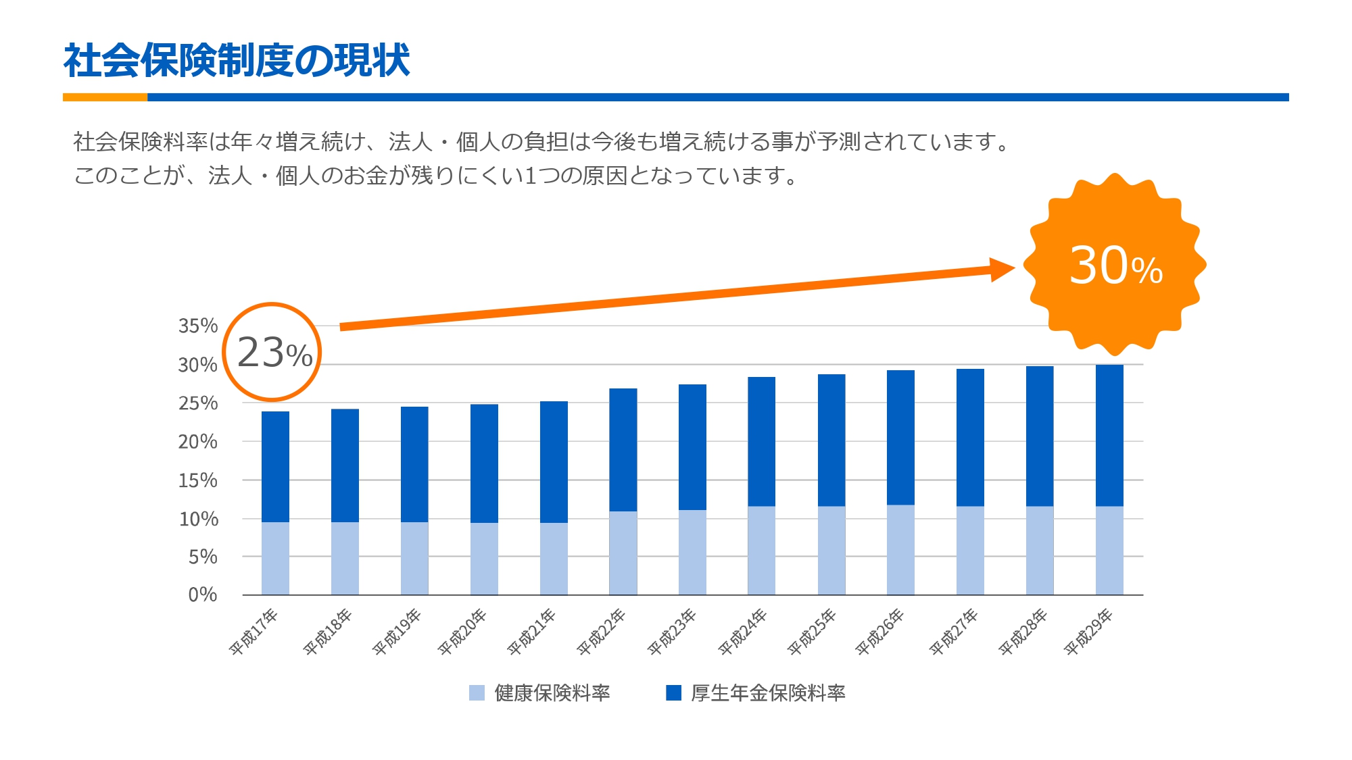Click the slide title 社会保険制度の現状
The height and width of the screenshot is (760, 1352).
pos(237,61)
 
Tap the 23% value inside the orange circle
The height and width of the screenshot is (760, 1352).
pos(274,353)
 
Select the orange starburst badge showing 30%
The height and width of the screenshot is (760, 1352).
pos(1115,265)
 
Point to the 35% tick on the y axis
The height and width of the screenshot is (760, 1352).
pos(198,326)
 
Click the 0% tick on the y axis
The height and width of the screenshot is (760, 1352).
pos(202,594)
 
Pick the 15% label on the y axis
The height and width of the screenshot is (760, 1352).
pos(198,480)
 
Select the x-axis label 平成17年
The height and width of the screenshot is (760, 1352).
pos(254,632)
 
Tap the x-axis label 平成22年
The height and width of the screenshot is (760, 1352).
pos(602,632)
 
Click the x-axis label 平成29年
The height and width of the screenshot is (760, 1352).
pos(1088,632)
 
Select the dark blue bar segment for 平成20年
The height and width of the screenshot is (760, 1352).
pos(484,463)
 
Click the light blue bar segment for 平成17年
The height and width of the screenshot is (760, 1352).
pos(275,558)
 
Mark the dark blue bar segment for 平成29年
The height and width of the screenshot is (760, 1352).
pos(1109,436)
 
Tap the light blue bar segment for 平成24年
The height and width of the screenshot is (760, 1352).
pos(761,551)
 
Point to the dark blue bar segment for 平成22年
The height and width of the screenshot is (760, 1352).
pos(623,450)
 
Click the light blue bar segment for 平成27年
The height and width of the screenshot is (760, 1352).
pos(970,551)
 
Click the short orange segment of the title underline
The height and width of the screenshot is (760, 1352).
pos(105,97)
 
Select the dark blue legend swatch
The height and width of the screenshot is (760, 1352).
pos(673,693)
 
